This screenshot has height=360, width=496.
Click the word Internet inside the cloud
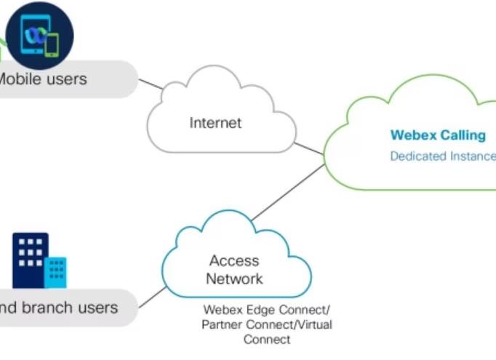click(x=215, y=123)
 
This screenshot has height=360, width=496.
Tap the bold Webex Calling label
click(x=438, y=135)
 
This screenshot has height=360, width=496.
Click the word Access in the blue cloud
click(x=235, y=260)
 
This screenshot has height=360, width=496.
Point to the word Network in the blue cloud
click(x=234, y=279)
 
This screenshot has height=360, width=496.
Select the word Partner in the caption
click(x=223, y=324)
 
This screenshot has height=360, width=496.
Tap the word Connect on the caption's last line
click(x=267, y=340)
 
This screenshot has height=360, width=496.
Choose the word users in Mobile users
click(x=62, y=78)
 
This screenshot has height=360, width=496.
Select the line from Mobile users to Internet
click(x=152, y=86)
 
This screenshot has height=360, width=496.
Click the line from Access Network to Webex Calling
click(x=287, y=193)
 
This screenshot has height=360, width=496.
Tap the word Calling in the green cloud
click(x=461, y=135)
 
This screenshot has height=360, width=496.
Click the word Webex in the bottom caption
click(x=221, y=309)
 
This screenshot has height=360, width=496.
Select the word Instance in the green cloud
click(x=473, y=156)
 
